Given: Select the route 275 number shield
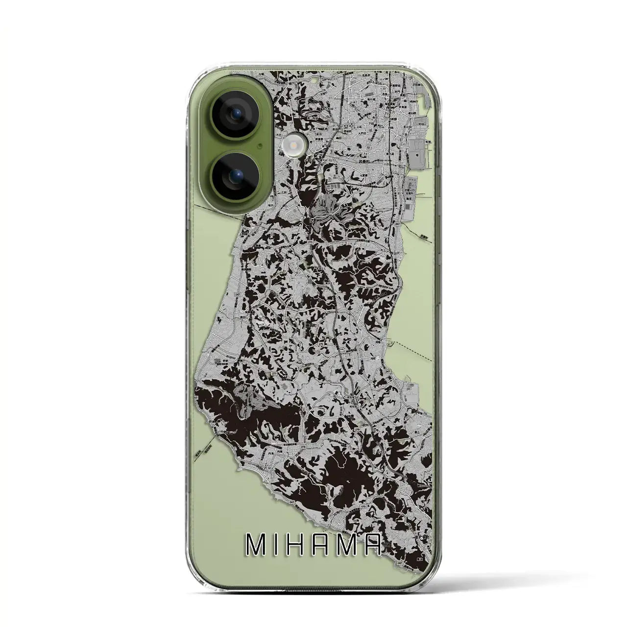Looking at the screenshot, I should coord(321,345).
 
